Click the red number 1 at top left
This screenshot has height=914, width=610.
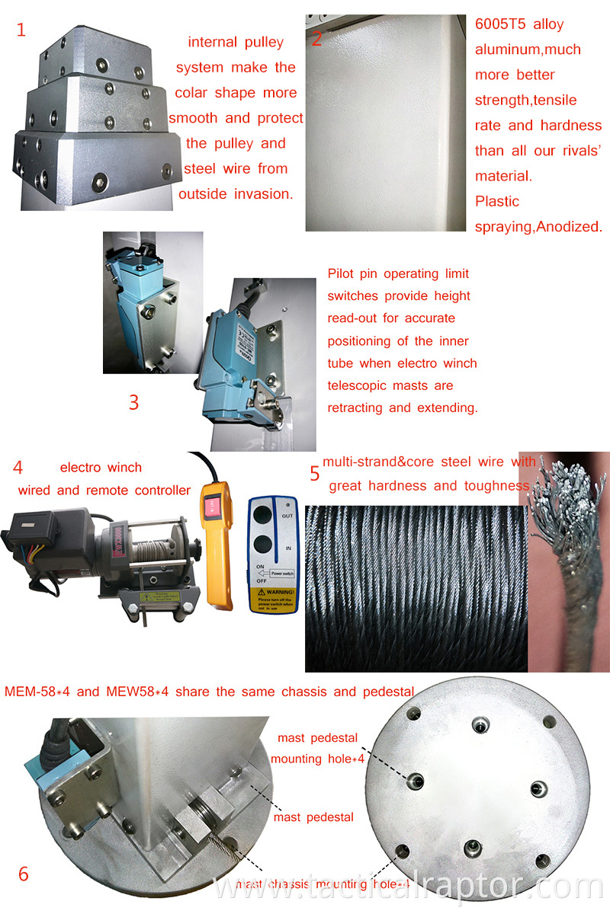(x=21, y=30)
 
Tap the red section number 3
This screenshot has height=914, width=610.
(x=133, y=401)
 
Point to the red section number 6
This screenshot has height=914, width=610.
(x=23, y=873)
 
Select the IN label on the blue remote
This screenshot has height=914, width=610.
(x=287, y=547)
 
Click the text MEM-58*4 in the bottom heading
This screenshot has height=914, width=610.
(x=37, y=692)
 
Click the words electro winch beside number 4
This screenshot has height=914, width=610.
(x=101, y=467)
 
